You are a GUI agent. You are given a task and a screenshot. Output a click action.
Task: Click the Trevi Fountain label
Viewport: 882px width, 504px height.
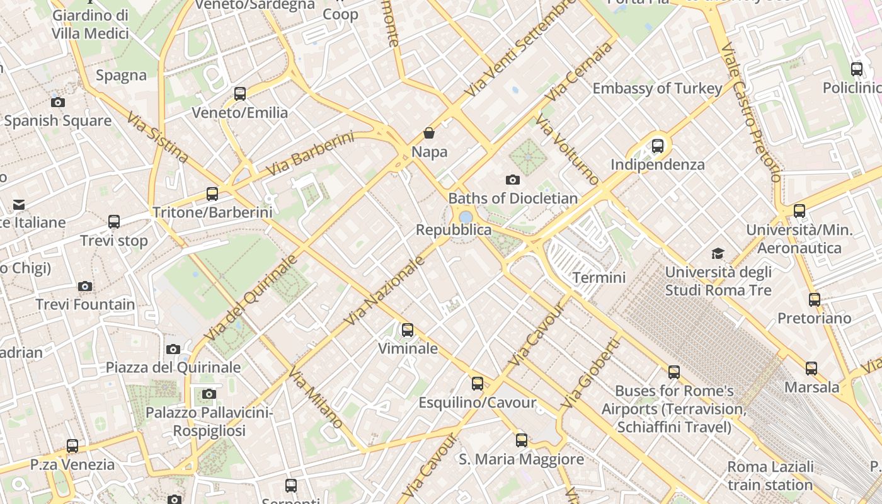85,304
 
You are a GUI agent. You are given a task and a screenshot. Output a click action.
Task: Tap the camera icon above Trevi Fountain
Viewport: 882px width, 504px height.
85,287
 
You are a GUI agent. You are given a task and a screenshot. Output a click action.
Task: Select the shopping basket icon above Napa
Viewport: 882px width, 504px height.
429,133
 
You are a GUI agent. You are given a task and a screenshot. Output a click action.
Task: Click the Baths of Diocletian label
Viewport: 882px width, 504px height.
513,198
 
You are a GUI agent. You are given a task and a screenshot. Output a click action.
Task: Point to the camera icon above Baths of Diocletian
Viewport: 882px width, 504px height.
513,180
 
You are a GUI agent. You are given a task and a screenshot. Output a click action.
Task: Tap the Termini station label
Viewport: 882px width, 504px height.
598,278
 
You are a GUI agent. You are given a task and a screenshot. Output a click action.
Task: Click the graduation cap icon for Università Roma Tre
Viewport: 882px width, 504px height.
718,254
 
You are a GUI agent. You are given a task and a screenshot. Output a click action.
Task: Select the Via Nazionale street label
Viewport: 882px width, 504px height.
384,292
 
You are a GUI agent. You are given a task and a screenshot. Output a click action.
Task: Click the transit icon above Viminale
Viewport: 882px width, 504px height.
408,329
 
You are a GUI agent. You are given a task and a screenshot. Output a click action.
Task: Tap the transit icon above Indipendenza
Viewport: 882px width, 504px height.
658,146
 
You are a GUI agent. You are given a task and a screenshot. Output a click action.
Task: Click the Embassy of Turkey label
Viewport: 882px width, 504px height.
657,88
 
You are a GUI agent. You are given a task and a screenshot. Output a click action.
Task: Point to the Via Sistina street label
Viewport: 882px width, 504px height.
157,137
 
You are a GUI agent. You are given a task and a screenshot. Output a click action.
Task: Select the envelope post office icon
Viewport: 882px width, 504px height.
19,204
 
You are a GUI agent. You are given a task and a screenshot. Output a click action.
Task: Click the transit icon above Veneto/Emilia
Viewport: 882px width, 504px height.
240,94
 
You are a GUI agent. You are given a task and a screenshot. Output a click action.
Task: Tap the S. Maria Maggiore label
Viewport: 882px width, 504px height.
521,459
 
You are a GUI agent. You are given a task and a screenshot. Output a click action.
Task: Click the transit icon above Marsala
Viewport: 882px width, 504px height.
811,369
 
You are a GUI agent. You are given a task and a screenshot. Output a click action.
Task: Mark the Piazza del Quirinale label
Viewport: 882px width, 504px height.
173,367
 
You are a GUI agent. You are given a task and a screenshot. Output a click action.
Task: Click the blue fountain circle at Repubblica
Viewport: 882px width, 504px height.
466,217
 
